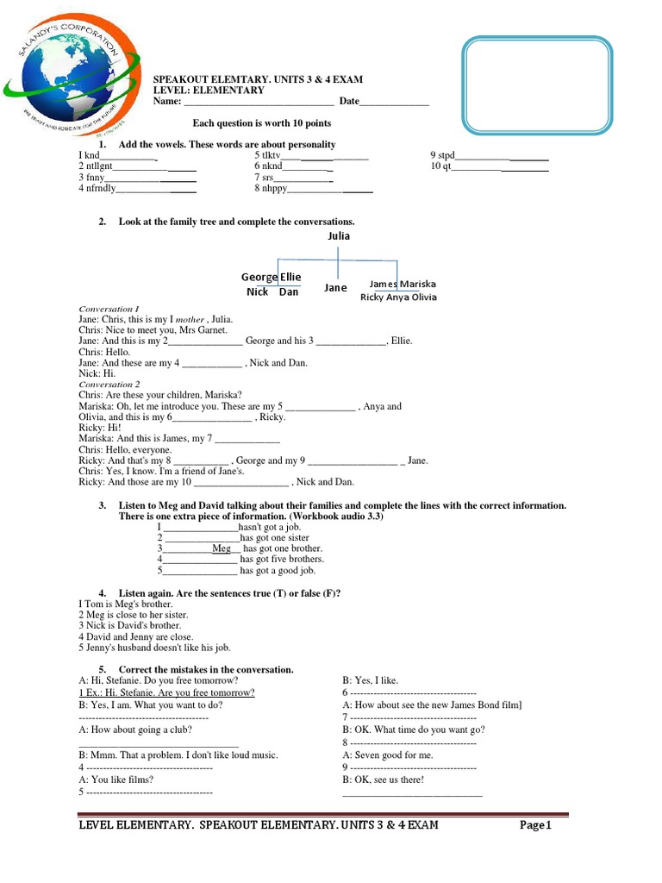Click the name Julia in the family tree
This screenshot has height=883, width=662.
[x=339, y=235]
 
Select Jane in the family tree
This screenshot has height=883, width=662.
[x=335, y=288]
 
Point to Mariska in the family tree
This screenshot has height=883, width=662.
[x=417, y=284]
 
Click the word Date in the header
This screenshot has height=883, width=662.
[x=348, y=102]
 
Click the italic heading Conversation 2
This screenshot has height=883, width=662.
[x=108, y=385]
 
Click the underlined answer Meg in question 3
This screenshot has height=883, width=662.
[x=222, y=548]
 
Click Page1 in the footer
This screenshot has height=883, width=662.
[x=534, y=825]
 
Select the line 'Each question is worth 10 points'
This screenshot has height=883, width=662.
[x=261, y=123]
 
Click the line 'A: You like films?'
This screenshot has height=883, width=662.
[x=116, y=780]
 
